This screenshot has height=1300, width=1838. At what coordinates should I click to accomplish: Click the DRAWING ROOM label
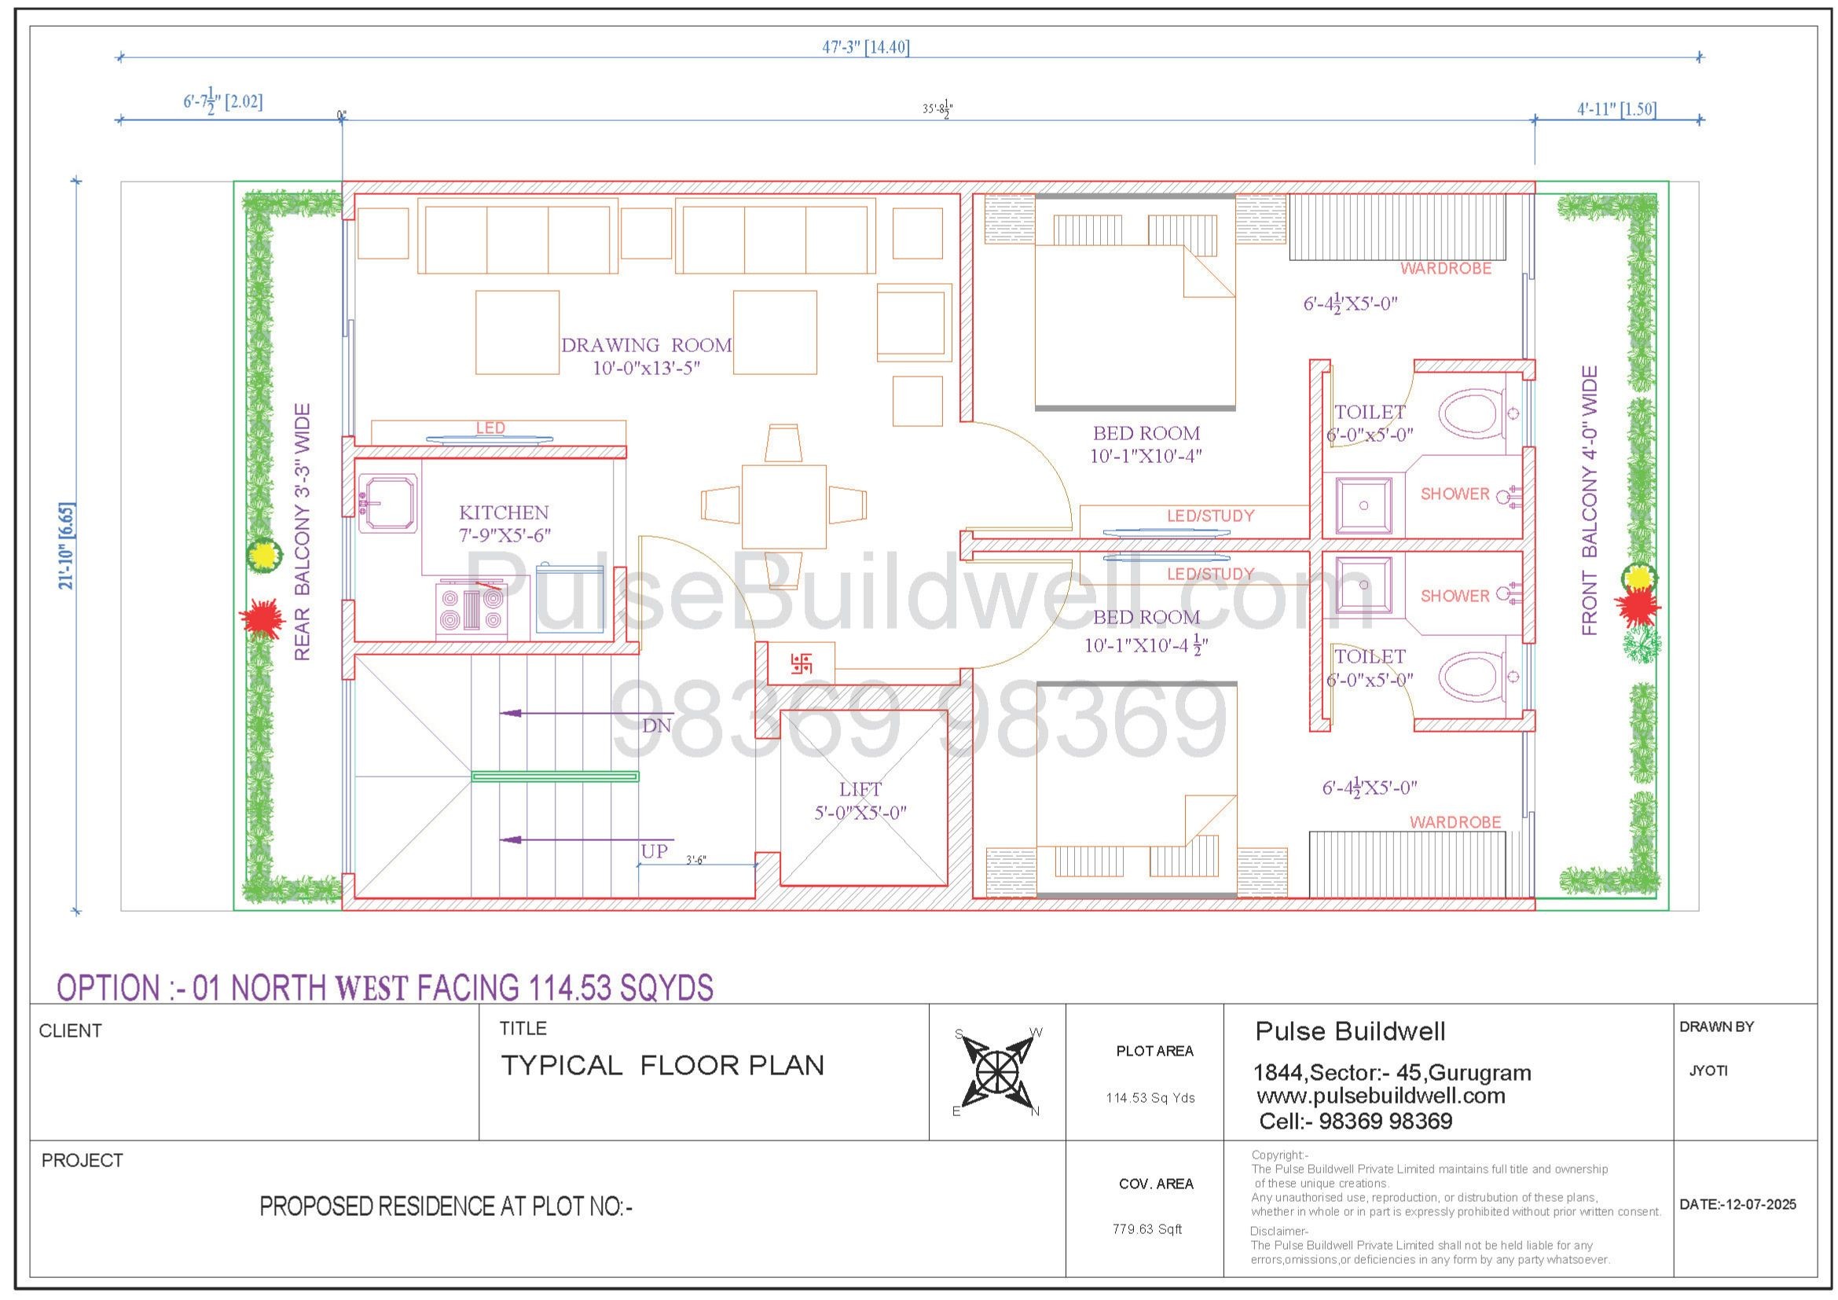click(646, 345)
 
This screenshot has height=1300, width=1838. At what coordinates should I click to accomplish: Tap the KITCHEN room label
click(504, 512)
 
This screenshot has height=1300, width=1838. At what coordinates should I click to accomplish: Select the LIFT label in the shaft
click(860, 789)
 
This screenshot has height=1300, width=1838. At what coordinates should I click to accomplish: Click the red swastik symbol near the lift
click(802, 663)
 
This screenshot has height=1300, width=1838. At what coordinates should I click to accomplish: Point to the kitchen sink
click(388, 503)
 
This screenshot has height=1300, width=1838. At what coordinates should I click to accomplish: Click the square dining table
click(783, 506)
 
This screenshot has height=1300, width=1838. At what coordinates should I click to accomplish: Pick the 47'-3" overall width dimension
click(865, 47)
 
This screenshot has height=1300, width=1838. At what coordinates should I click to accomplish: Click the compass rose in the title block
click(997, 1071)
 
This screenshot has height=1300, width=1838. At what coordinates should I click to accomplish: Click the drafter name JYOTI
click(1708, 1070)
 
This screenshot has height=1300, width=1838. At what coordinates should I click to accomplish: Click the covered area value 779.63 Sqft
click(1147, 1228)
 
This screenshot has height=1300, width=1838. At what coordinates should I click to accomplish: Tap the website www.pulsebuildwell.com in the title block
click(1381, 1095)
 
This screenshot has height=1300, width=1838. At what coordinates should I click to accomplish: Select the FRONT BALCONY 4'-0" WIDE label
click(1590, 501)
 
